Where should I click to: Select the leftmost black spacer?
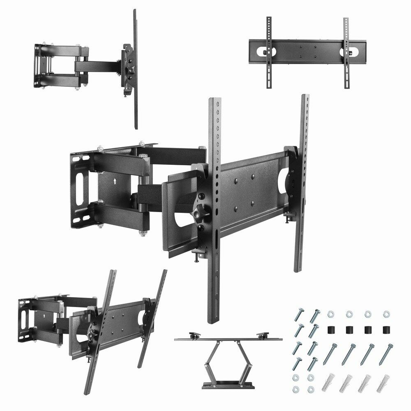[330, 330]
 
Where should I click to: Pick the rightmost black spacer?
[386, 330]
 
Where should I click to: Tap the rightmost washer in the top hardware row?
[386, 314]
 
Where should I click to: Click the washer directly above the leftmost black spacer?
[330, 314]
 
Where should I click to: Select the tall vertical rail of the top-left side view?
[135, 68]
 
